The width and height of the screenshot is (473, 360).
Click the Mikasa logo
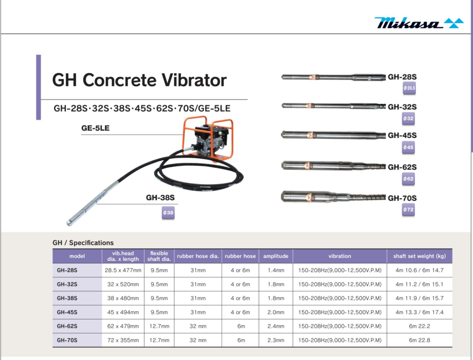418,23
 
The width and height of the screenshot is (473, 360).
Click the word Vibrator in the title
194,80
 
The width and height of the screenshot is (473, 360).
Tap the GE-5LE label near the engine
95,128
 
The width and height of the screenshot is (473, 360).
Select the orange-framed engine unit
208,139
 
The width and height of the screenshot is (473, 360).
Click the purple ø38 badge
168,213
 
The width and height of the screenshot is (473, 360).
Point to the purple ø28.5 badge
409,88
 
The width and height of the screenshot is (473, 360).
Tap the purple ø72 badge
408,210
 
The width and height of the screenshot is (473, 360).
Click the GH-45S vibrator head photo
333,135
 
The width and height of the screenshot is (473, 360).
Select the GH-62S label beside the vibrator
402,167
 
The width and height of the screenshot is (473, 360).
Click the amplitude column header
276,256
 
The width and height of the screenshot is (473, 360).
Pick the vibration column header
340,256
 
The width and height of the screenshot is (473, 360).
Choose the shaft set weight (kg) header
419,256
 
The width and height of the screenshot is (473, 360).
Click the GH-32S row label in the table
67,284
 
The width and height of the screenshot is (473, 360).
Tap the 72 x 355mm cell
123,340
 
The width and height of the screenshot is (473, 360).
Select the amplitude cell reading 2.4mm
276,326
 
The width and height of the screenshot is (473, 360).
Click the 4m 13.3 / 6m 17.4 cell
419,312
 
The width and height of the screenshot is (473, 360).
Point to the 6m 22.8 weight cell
419,340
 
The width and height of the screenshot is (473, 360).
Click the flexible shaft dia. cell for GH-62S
159,326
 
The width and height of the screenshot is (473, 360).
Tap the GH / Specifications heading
83,243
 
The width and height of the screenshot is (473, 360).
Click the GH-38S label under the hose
160,197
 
